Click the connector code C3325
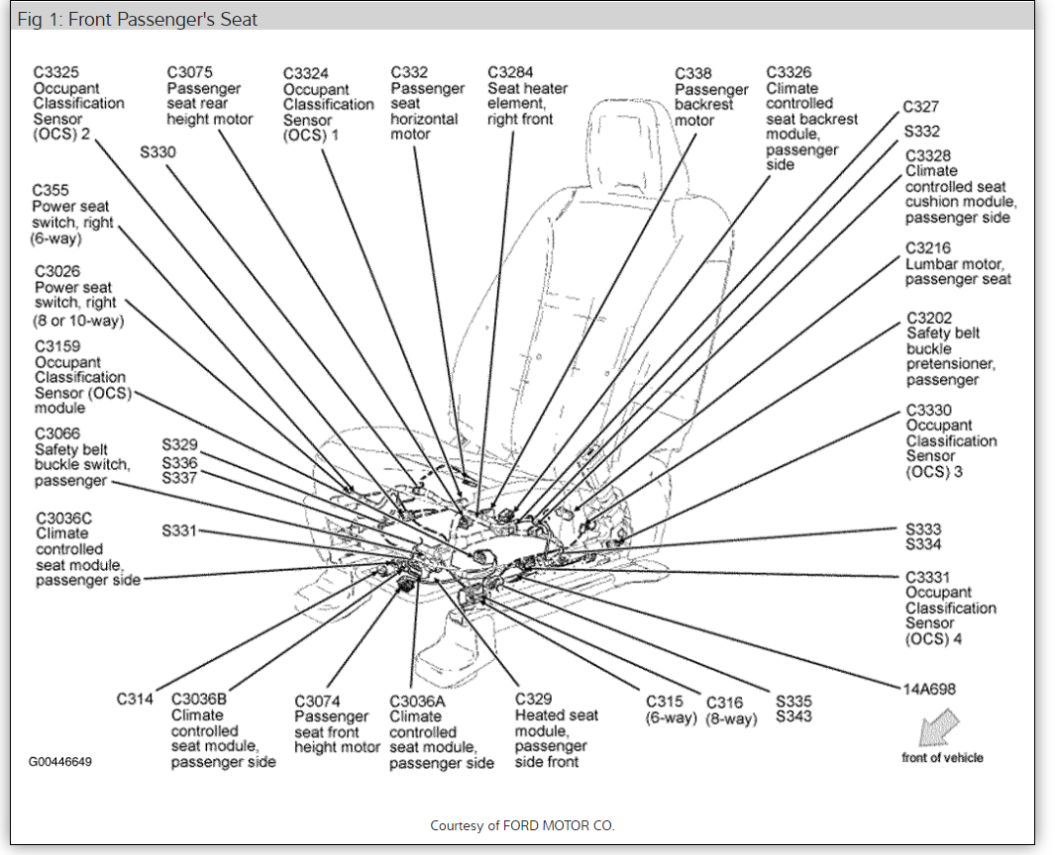tap(56, 72)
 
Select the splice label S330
tap(158, 151)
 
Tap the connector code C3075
tap(190, 72)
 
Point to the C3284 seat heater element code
tap(511, 72)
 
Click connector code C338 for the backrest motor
tap(693, 73)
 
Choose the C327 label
tap(920, 107)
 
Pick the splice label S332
tap(921, 131)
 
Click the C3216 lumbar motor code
tap(928, 248)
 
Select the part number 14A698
tap(929, 689)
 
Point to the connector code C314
tap(135, 699)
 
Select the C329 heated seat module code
tap(533, 699)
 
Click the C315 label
tap(665, 701)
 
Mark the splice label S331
tap(180, 530)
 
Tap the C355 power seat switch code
tap(51, 190)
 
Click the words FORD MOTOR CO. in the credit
tap(559, 825)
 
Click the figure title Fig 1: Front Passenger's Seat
tap(138, 20)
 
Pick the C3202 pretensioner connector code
tap(929, 318)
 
